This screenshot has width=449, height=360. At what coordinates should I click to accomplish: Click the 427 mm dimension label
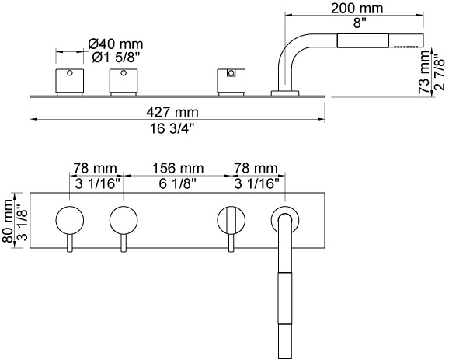click(x=172, y=112)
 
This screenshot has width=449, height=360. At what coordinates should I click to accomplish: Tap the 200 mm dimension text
click(x=357, y=9)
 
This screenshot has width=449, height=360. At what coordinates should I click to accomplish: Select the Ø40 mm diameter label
click(x=116, y=44)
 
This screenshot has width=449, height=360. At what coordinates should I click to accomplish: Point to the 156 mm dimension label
click(x=178, y=168)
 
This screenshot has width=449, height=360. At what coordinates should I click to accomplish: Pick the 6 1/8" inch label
click(x=178, y=183)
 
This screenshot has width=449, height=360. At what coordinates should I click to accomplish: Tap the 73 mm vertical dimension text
click(x=424, y=72)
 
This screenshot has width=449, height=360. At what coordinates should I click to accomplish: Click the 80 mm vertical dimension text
click(x=8, y=220)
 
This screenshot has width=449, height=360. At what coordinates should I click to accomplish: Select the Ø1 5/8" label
click(x=116, y=58)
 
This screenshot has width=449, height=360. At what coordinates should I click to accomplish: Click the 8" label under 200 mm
click(x=357, y=23)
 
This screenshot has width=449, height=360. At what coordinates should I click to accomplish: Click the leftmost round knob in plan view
click(x=70, y=220)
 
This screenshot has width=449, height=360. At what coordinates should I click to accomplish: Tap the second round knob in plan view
click(x=124, y=220)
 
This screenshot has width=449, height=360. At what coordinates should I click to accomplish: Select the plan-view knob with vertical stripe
click(x=231, y=220)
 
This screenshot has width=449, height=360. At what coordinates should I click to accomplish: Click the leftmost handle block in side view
click(x=70, y=81)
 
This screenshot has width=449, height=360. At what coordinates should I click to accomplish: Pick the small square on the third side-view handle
click(x=231, y=73)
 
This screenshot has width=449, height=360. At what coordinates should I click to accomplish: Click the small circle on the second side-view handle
click(x=124, y=73)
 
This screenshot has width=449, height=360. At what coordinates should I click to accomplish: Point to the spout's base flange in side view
click(x=285, y=93)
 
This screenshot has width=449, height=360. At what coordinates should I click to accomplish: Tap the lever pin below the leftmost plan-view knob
click(x=70, y=243)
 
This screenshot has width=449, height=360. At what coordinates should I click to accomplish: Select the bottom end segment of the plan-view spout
click(x=285, y=341)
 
